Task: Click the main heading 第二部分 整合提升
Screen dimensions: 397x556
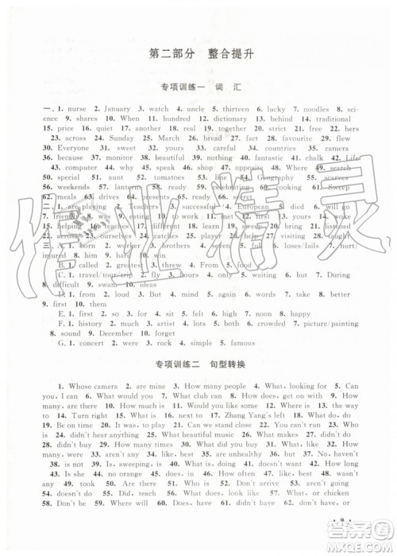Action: coord(199,53)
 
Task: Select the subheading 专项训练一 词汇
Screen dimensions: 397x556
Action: coord(199,87)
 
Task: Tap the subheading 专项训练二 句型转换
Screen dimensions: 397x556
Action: coord(198,365)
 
